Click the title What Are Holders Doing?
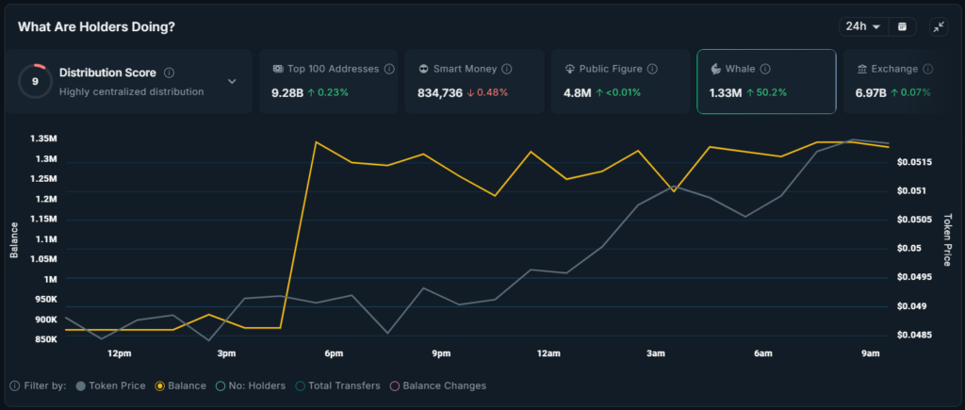click(96, 26)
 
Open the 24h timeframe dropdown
click(862, 26)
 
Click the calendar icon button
click(902, 26)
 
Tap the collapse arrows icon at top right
click(939, 26)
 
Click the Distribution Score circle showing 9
click(35, 81)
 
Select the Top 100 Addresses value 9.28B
click(286, 92)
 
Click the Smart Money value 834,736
click(439, 92)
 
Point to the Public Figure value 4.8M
click(577, 92)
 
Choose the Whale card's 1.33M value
click(725, 92)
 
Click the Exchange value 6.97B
click(871, 92)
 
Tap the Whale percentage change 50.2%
click(769, 92)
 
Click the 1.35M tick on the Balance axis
click(42, 139)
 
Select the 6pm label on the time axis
click(334, 353)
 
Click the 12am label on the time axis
click(548, 353)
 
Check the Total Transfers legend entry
click(339, 385)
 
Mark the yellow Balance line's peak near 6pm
click(316, 142)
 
